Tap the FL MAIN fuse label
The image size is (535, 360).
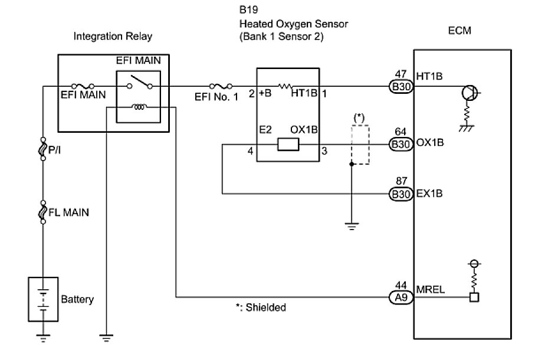[70, 212]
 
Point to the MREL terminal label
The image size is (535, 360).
[430, 291]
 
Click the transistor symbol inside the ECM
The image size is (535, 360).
[470, 92]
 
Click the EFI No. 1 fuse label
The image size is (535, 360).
[216, 97]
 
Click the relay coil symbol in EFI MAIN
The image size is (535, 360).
[140, 107]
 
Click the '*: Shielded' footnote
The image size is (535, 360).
[260, 307]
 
